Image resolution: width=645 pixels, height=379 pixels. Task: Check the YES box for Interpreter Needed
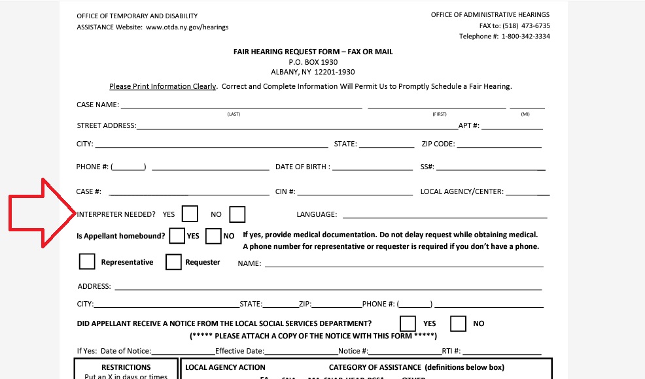click(x=190, y=214)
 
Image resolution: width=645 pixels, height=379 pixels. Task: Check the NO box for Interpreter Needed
click(x=237, y=214)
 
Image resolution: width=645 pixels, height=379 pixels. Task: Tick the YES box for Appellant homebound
click(x=177, y=236)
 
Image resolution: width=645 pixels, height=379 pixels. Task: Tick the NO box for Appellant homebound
click(x=213, y=236)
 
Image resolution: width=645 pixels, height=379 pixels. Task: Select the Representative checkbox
click(x=87, y=261)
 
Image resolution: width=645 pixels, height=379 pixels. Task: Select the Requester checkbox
click(x=173, y=261)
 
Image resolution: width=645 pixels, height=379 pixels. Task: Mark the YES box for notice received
click(x=408, y=323)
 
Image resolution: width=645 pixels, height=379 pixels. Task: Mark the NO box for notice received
click(x=458, y=323)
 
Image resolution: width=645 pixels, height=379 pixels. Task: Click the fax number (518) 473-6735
click(x=526, y=25)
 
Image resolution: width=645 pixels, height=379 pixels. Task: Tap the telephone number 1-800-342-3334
click(x=525, y=37)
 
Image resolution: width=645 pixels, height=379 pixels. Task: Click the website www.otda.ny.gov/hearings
click(x=187, y=27)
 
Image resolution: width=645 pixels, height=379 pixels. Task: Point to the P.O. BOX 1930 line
click(x=313, y=62)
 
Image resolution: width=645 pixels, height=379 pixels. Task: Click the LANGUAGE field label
click(x=317, y=214)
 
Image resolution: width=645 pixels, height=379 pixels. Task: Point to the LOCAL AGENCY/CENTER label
click(x=462, y=192)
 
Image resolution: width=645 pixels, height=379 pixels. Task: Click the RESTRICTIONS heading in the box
click(x=126, y=367)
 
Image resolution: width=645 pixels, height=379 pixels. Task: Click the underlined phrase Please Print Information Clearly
click(x=162, y=86)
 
